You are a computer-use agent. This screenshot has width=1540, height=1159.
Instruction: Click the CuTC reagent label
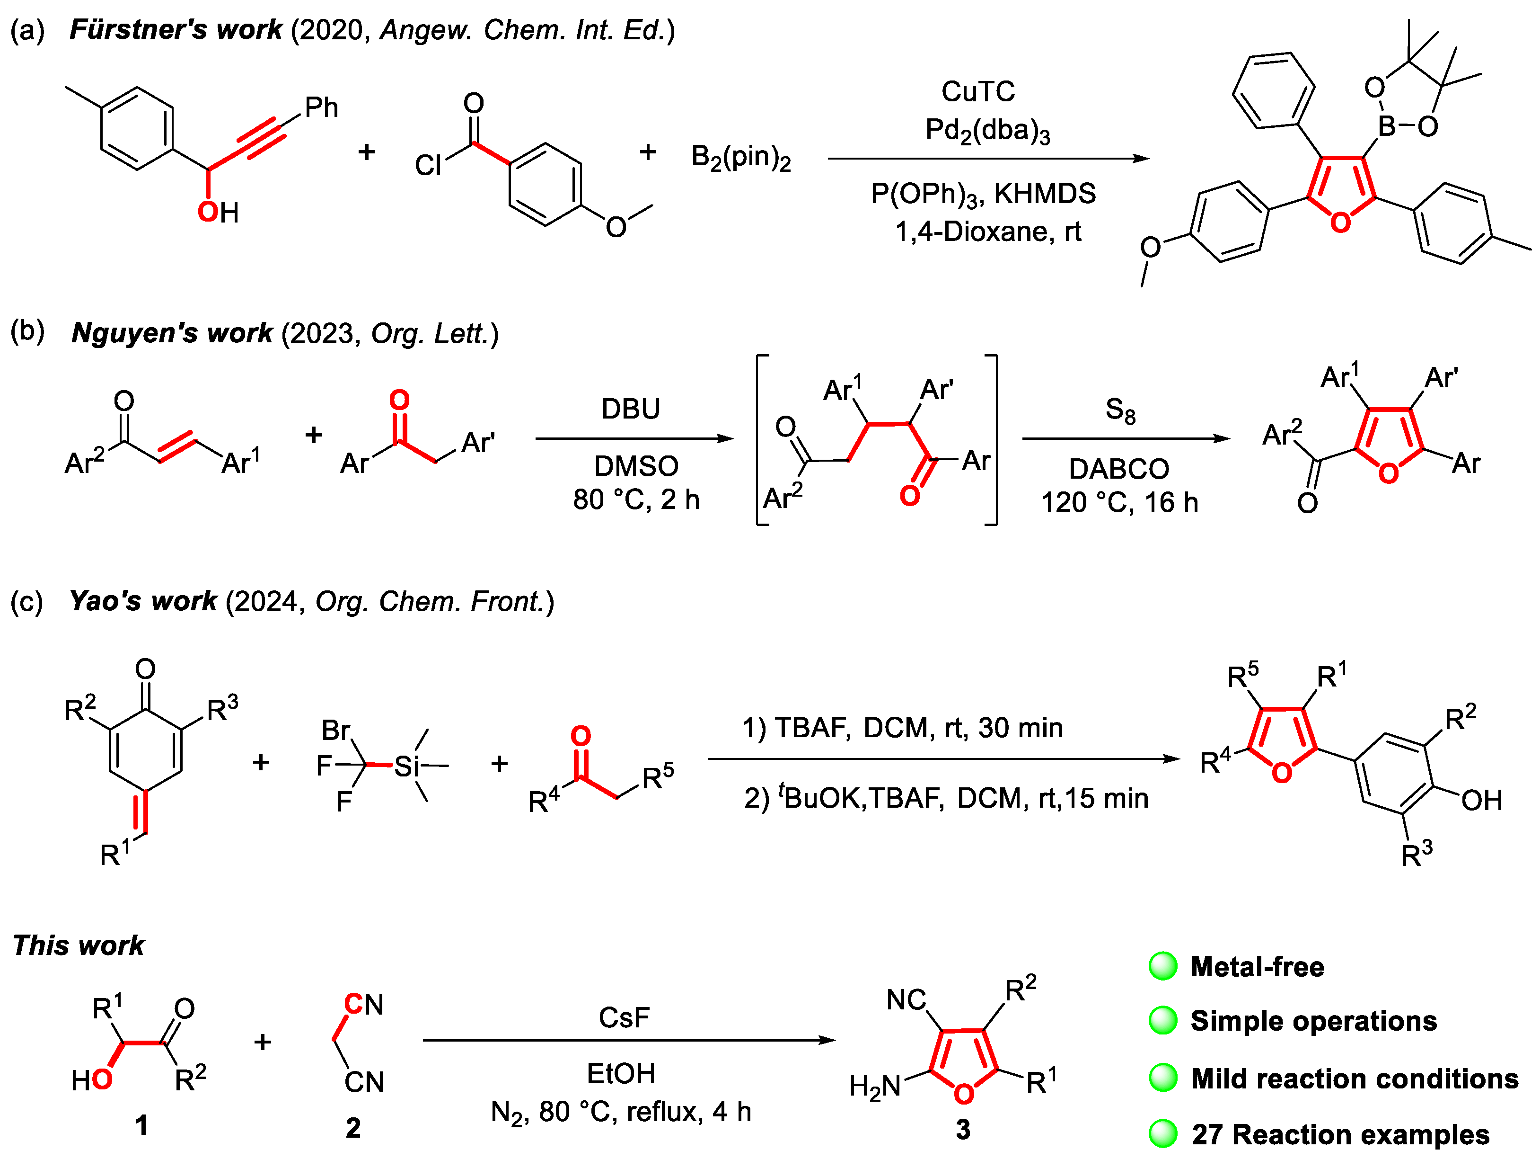coord(977,91)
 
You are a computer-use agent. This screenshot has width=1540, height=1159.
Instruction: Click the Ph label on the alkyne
coord(322,107)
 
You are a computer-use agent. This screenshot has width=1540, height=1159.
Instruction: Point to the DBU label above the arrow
coord(630,409)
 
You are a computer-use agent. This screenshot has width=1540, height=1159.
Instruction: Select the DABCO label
coord(1119,469)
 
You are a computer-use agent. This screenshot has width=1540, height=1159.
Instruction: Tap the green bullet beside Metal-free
coord(1162,966)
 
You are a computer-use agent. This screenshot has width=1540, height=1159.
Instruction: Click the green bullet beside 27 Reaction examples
coord(1162,1134)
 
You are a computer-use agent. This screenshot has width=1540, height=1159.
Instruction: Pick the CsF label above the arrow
coord(624,1017)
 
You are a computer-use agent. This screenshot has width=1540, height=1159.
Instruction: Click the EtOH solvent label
coord(621,1073)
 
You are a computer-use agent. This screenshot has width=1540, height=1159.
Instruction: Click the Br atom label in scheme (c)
coord(335,730)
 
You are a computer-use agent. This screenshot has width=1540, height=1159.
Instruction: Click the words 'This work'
coord(79,945)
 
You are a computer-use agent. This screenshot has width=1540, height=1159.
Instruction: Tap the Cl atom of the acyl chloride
coord(428,166)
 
